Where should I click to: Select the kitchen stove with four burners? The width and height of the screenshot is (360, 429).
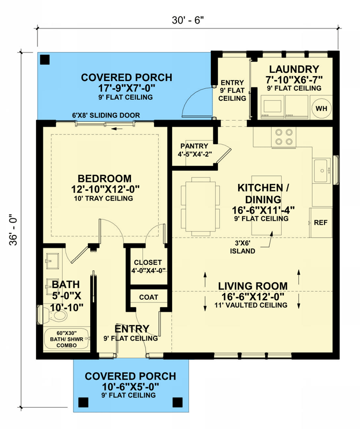click(283, 137)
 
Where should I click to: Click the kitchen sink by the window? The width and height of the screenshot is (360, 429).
click(322, 171)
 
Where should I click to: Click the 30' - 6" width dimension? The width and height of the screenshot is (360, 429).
click(188, 20)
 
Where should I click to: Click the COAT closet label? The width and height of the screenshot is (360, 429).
click(149, 297)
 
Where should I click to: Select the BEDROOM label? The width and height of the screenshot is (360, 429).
click(105, 179)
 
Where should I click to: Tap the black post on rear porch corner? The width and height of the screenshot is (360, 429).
click(45, 60)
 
